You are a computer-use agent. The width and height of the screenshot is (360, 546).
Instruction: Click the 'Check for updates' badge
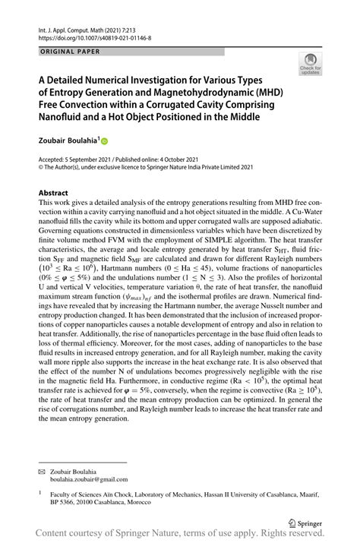(310, 65)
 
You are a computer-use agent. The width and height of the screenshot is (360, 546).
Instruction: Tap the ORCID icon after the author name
(106, 141)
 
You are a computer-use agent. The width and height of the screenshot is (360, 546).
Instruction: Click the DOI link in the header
(93, 36)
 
